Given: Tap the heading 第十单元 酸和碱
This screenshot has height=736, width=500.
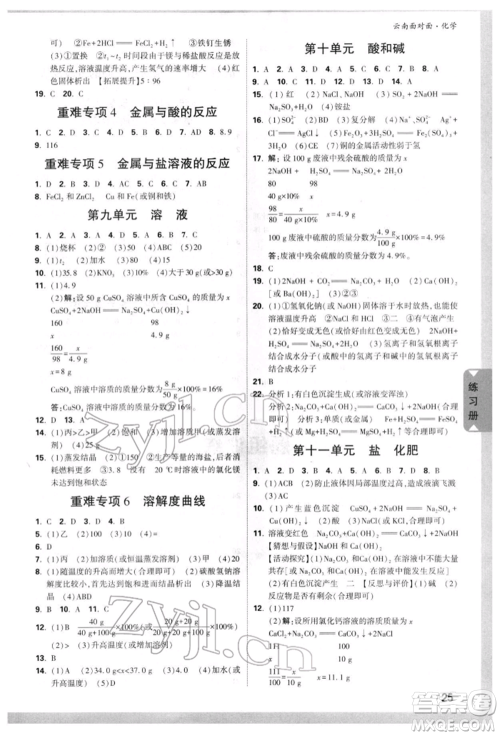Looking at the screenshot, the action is click(x=364, y=50).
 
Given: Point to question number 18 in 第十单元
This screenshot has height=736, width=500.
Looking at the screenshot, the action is click(x=256, y=268).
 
